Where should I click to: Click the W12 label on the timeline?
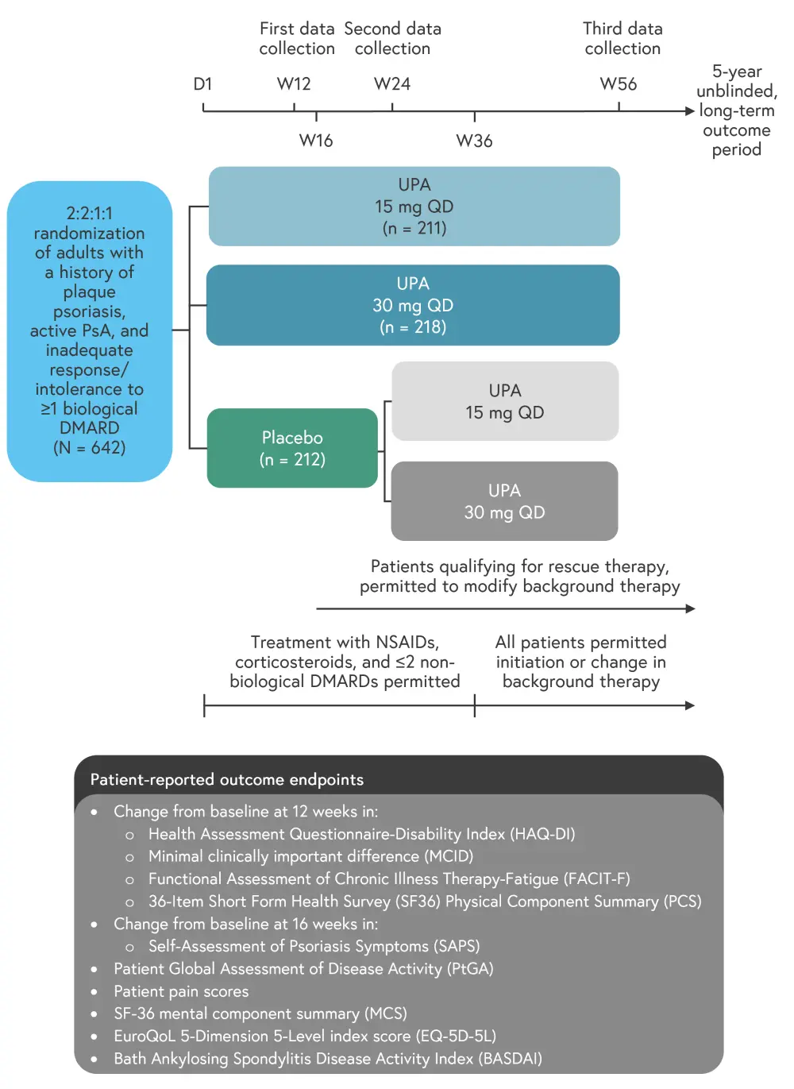coord(294,84)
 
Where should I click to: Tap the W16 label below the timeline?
coord(316,141)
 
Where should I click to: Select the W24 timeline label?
coord(392,84)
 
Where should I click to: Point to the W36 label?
coord(474,141)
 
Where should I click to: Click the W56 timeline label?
coord(619,84)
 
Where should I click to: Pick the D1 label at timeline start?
coord(203,84)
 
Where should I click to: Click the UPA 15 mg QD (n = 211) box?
coord(414,207)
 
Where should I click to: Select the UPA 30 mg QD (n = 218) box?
coord(413,305)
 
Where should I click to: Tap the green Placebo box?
coord(292,448)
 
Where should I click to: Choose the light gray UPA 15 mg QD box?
coord(505,401)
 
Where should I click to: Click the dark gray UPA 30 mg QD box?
coord(504,501)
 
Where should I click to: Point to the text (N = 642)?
coord(89,447)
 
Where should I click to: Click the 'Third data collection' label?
coord(622,38)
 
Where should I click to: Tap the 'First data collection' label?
coord(297,38)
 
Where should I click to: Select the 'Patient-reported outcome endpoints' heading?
coord(227,779)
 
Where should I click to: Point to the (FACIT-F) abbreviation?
coord(596,879)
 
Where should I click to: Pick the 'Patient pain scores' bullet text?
coord(181,991)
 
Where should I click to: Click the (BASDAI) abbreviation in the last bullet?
coord(510,1058)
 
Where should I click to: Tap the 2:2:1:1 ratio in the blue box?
coord(89,214)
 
